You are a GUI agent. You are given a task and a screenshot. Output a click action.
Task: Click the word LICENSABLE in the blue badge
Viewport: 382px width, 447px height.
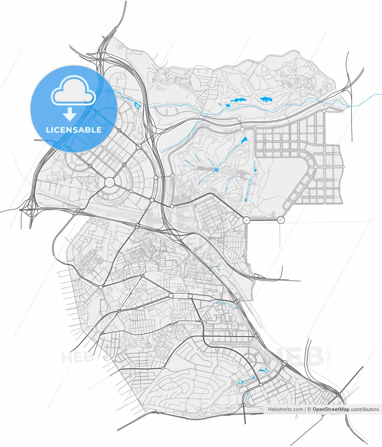pos(74,130)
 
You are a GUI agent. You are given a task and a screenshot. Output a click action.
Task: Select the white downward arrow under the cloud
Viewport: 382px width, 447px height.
pos(70,114)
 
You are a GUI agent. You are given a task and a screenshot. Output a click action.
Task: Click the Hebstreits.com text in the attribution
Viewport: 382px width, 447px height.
pos(285,409)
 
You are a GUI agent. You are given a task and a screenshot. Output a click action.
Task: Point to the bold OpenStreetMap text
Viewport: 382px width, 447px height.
pos(331,409)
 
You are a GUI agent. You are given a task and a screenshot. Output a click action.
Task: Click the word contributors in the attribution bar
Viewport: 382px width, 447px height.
pos(365,409)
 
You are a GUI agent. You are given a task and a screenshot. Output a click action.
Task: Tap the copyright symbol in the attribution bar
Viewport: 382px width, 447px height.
pos(309,409)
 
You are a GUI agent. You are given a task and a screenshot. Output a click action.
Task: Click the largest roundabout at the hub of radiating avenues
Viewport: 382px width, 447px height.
pos(109,182)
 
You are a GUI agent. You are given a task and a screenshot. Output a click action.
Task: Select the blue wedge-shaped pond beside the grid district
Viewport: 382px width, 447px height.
pos(243,141)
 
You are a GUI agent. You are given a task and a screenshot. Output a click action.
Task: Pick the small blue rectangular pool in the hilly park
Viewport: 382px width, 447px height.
pos(216,170)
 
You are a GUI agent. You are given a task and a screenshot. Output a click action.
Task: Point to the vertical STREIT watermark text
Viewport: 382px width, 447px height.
pos(329,355)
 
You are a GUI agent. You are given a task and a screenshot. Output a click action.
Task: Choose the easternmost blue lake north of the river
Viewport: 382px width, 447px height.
pos(266,100)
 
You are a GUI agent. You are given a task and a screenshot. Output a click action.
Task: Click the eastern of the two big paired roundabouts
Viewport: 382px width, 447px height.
pos(281,220)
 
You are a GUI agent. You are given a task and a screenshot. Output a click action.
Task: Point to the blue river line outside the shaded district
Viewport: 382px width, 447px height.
pos(367,100)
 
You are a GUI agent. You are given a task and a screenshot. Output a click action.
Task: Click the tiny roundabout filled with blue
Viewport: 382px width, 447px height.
pos(102,333)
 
